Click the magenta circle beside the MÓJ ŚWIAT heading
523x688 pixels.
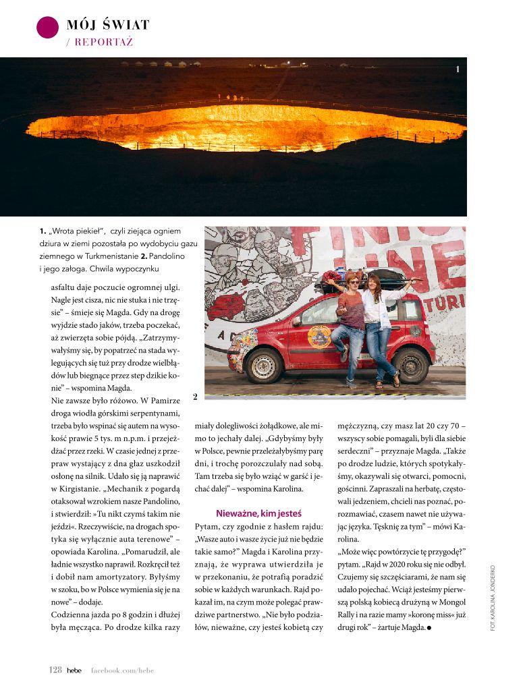tap(47, 26)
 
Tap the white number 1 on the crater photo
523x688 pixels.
tap(458, 69)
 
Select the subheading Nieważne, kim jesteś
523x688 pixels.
tap(258, 513)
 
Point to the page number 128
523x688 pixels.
tap(55, 670)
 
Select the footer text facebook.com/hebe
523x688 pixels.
tap(126, 670)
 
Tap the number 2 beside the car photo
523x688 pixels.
tap(195, 397)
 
